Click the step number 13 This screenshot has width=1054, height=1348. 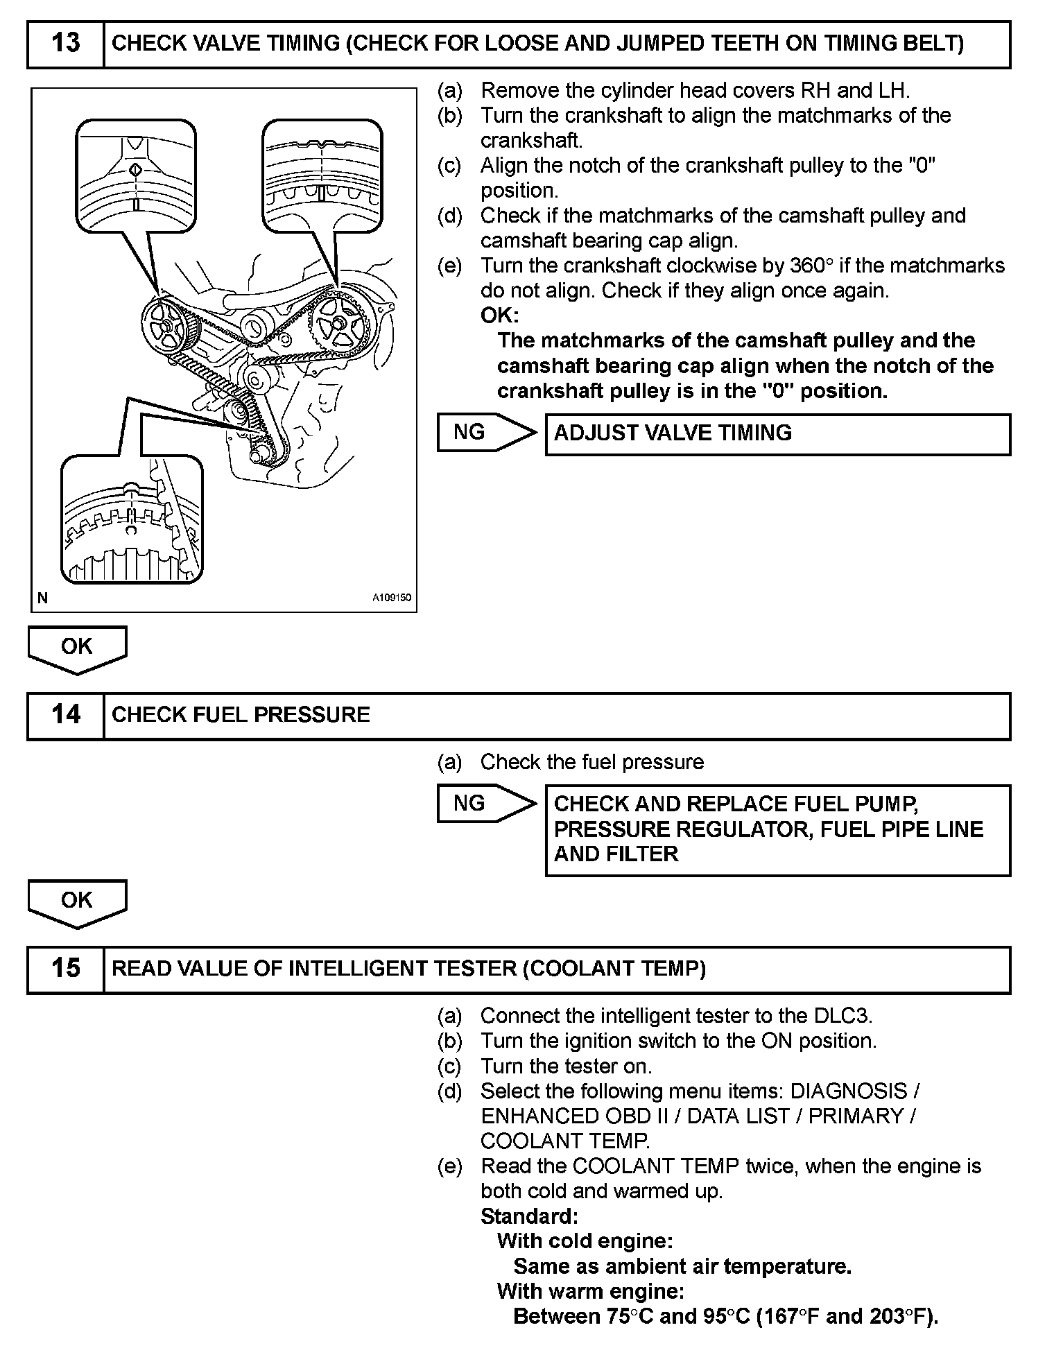[66, 44]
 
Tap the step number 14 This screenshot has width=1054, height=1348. [66, 715]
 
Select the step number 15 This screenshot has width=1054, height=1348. [66, 969]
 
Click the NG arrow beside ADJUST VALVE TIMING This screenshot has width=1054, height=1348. [485, 433]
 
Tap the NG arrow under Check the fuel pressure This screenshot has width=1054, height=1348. [485, 804]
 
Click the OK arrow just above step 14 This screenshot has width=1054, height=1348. [77, 648]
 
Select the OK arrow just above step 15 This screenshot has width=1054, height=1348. [77, 901]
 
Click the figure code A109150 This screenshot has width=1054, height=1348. [392, 598]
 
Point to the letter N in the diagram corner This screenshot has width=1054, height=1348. [43, 598]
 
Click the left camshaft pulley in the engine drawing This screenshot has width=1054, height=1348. [166, 327]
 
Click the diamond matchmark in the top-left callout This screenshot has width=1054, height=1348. [136, 170]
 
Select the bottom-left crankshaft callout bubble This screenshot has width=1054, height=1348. [132, 520]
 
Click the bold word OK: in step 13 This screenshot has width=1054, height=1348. [499, 316]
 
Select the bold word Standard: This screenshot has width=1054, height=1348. [529, 1216]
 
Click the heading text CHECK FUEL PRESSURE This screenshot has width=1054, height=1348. [241, 715]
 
